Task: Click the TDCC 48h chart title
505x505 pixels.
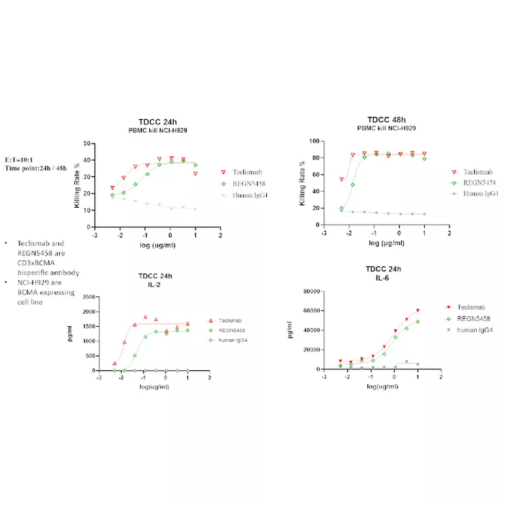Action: pyautogui.click(x=387, y=120)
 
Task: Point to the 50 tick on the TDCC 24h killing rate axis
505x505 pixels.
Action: pyautogui.click(x=87, y=144)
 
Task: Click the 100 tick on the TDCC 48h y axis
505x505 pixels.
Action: pyautogui.click(x=314, y=141)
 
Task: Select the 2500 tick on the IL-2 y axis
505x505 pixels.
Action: pyautogui.click(x=89, y=297)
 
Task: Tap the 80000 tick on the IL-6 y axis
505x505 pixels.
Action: pyautogui.click(x=312, y=291)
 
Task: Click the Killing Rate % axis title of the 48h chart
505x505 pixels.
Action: pyautogui.click(x=302, y=183)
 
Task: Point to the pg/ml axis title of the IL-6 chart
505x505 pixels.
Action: pyautogui.click(x=289, y=330)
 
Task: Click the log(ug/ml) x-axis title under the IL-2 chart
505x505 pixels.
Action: pyautogui.click(x=154, y=387)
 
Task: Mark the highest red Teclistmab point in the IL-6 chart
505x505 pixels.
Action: pyautogui.click(x=418, y=310)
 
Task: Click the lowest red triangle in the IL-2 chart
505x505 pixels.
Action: pyautogui.click(x=115, y=364)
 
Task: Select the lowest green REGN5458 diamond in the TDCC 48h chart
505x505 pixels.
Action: pyautogui.click(x=341, y=208)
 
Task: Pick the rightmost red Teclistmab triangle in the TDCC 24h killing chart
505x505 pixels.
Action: pyautogui.click(x=196, y=174)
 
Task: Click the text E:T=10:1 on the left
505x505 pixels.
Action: pyautogui.click(x=19, y=159)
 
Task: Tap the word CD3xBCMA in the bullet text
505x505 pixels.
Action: pyautogui.click(x=36, y=263)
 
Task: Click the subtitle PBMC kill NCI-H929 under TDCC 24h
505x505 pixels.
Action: pyautogui.click(x=158, y=131)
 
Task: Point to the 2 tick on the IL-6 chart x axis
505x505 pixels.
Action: pyautogui.click(x=441, y=377)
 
